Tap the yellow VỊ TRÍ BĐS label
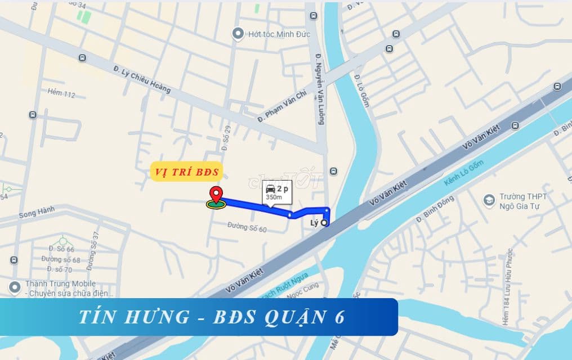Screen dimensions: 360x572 [x=186, y=172]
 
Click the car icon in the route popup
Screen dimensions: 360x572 [x=270, y=188]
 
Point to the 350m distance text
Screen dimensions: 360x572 [x=274, y=198]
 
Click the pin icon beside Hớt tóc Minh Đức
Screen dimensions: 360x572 [x=238, y=34]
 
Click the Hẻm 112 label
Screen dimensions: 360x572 [x=61, y=93]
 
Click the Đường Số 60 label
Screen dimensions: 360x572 [x=247, y=228]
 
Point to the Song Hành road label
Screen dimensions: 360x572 [x=36, y=214]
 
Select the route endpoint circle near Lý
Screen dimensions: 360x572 [x=324, y=223]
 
